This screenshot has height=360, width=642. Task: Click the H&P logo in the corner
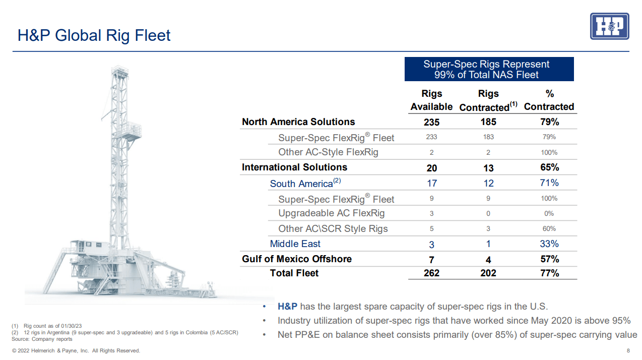click(609, 26)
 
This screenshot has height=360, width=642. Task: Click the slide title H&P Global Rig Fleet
click(94, 35)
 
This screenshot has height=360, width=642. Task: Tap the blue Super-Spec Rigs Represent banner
click(489, 70)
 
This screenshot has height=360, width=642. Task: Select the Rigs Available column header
click(431, 100)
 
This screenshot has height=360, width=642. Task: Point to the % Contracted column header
click(549, 100)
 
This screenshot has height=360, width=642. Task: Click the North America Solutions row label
click(298, 122)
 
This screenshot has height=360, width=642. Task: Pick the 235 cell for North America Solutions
click(431, 122)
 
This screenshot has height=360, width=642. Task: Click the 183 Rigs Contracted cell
click(488, 137)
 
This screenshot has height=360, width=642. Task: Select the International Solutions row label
click(294, 167)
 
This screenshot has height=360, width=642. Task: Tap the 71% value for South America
click(549, 183)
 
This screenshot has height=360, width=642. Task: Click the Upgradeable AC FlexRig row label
click(331, 213)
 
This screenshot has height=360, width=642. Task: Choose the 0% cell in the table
click(549, 214)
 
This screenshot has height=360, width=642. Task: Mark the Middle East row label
click(295, 244)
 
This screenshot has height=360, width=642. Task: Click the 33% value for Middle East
click(549, 244)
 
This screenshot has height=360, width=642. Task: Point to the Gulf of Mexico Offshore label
click(297, 259)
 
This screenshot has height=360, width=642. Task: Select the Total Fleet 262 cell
click(431, 273)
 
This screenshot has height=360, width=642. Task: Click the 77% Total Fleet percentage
click(549, 273)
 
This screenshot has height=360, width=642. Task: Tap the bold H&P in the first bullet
click(287, 307)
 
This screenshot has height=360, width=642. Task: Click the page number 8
click(628, 351)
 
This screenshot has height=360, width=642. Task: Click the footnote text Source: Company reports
click(42, 339)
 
